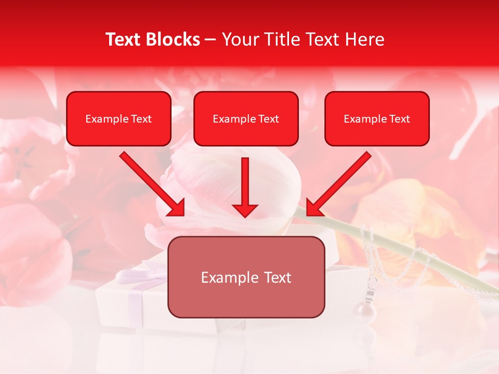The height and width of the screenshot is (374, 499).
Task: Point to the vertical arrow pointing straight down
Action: point(245,184)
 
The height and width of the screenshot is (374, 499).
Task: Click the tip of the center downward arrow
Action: point(245,215)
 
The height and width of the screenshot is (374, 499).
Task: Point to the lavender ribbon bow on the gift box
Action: point(139,273)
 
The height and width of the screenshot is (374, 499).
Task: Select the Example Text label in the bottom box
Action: point(246,277)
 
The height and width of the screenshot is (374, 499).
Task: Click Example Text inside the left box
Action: point(119,119)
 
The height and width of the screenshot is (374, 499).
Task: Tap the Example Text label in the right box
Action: point(377,119)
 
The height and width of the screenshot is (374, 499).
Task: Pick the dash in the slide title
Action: point(211,40)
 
